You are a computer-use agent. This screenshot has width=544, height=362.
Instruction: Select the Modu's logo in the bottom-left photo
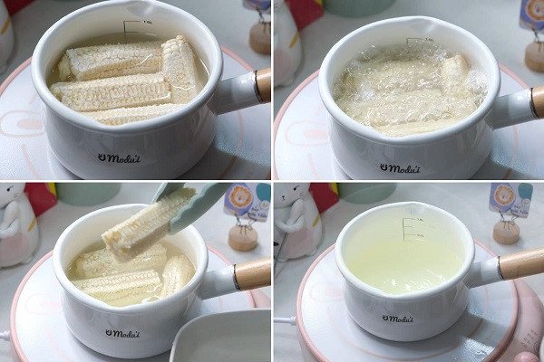123,331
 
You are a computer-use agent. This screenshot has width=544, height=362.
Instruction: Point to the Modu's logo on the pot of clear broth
399,318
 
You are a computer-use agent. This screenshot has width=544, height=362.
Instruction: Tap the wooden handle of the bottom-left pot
252,273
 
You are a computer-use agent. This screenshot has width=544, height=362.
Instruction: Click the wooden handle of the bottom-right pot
521,263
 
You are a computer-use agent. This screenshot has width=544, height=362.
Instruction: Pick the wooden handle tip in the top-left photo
263,84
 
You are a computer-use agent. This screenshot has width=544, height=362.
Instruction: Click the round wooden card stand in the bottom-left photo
242,237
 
